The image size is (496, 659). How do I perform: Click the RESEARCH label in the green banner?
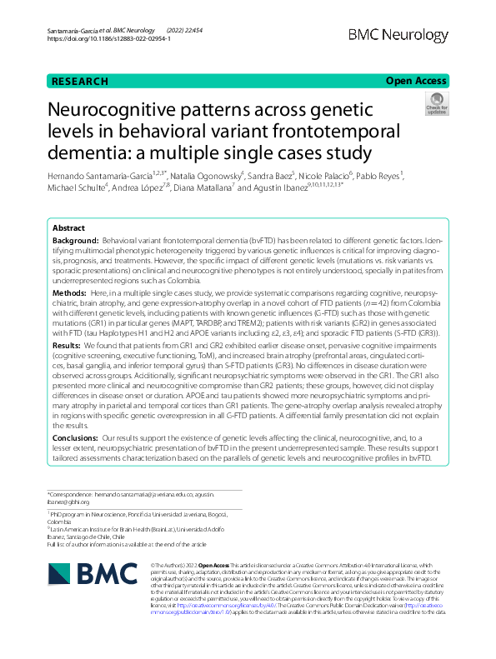coord(80,81)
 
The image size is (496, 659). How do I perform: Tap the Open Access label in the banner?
coord(418,81)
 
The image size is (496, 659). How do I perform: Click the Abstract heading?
coord(68,227)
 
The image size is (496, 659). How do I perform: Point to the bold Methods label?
coord(68,294)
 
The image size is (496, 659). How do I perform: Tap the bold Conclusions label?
coord(75,437)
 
